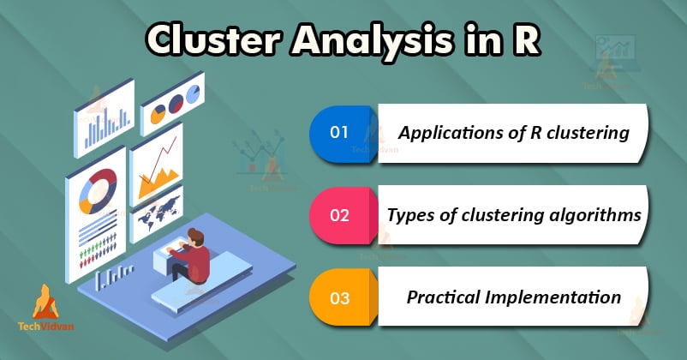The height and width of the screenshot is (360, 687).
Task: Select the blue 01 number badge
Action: pos(340,133)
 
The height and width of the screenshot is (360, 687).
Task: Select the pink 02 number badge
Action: pos(340,215)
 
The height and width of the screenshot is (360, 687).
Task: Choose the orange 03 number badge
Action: pos(340,298)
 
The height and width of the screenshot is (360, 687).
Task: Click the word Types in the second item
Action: pos(411,215)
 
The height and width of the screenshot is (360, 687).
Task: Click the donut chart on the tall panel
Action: pos(96,190)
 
